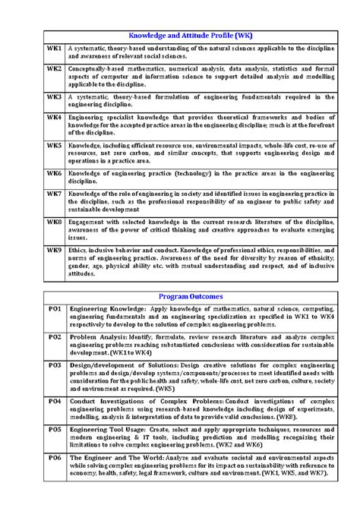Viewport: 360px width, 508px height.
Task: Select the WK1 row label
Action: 54,49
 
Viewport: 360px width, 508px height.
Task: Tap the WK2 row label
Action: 54,68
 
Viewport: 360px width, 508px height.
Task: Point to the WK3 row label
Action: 54,97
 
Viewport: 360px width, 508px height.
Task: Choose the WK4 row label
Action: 54,118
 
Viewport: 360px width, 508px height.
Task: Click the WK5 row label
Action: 54,144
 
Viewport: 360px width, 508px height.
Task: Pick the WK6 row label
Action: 54,173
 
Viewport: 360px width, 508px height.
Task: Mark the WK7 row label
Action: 54,194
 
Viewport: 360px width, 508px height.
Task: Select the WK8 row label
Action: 54,222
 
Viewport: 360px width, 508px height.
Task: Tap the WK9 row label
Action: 54,249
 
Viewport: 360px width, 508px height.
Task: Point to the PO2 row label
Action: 55,336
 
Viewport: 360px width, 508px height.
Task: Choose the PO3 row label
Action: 55,364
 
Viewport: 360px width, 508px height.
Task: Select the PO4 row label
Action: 55,400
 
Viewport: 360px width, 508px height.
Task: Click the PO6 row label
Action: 55,458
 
